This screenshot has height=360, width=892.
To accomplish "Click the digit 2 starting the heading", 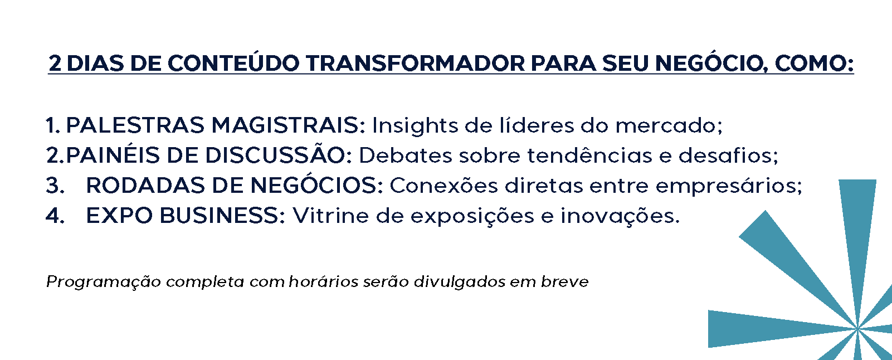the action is [x=55, y=64].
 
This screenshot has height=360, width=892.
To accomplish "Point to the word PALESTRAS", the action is [x=135, y=125].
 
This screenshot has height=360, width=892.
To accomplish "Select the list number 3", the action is [x=55, y=186].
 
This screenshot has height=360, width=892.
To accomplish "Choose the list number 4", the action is [x=55, y=216].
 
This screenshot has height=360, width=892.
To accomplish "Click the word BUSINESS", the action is [x=222, y=216].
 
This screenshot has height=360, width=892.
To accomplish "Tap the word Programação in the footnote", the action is [x=104, y=282].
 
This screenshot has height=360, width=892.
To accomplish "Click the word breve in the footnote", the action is [x=564, y=281].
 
